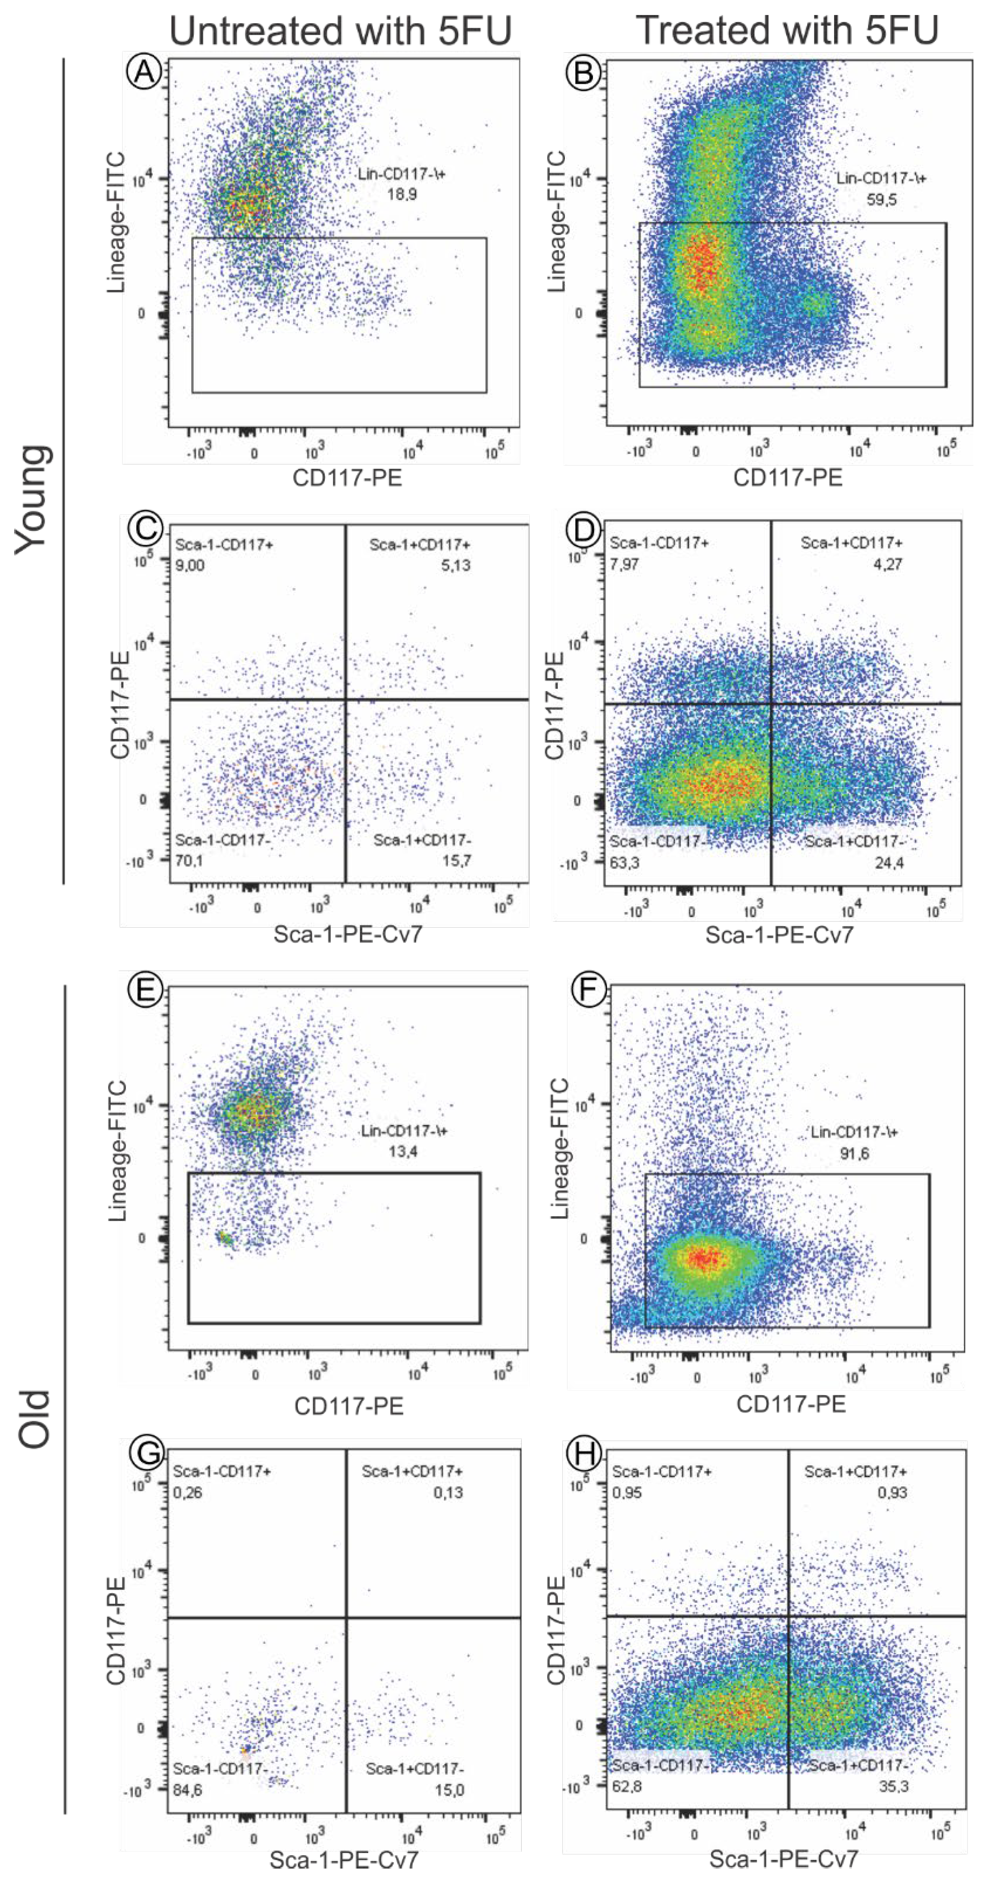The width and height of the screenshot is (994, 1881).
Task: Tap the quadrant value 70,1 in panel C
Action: (189, 861)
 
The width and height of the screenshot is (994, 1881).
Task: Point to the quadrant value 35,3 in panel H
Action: (893, 1786)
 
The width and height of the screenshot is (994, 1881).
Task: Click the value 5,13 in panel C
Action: (455, 565)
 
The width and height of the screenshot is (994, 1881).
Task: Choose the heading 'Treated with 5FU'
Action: (787, 31)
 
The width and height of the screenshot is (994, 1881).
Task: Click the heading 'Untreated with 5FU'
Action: (340, 31)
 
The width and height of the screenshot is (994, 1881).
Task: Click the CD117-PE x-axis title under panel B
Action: (787, 478)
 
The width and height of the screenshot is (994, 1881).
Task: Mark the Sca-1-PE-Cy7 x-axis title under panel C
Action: (347, 934)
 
